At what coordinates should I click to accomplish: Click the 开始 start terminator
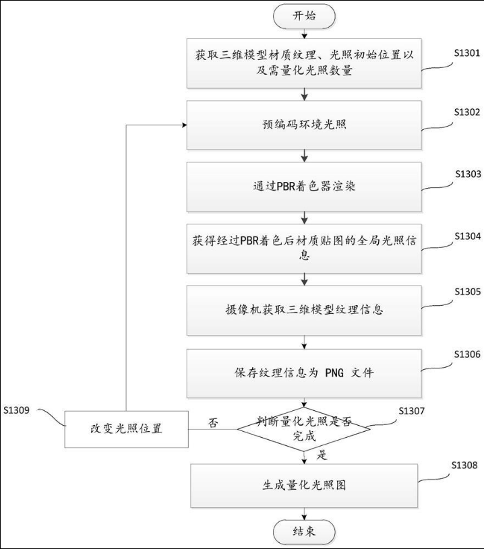click(304, 16)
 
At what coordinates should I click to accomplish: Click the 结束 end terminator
click(304, 531)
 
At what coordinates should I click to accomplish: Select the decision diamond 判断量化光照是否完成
click(305, 428)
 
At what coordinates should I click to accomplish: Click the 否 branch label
click(213, 423)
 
